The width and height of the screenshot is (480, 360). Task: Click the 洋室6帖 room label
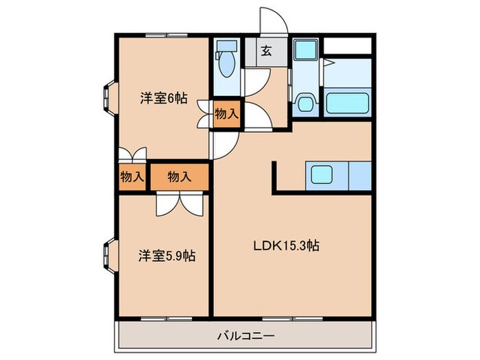163,97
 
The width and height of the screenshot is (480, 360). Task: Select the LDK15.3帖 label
285,244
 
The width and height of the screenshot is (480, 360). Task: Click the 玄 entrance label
265,51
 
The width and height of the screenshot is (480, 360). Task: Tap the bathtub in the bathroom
348,104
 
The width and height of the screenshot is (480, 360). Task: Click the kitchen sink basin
321,175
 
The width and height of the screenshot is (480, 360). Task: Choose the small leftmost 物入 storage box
132,177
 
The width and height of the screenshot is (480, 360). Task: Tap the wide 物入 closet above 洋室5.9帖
179,177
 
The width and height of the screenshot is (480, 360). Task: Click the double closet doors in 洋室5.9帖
180,202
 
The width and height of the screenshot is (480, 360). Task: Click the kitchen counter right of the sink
359,175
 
